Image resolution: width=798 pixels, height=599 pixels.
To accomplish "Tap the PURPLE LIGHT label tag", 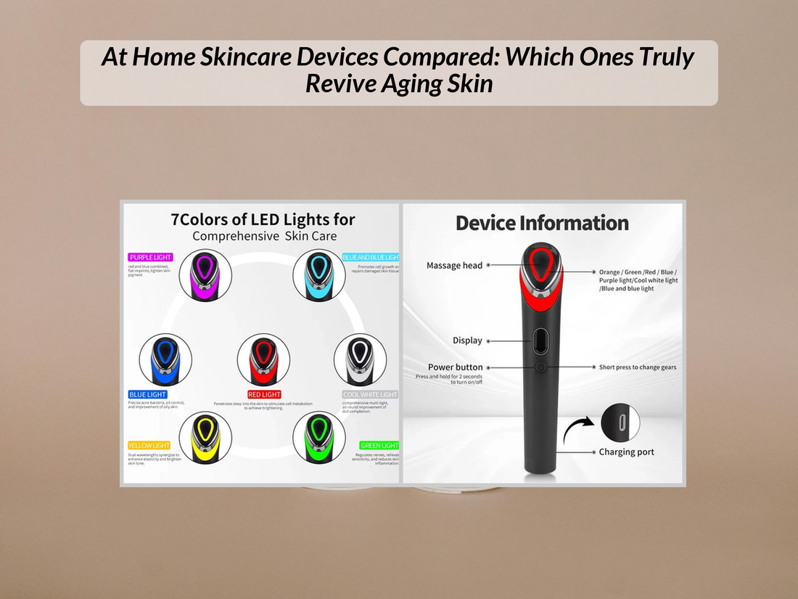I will (x=151, y=257).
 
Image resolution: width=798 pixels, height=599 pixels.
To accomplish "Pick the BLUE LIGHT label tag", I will (x=148, y=395).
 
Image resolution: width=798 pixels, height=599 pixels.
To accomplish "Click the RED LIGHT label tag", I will (x=264, y=395).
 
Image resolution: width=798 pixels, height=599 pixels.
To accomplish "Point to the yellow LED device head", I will (x=205, y=438).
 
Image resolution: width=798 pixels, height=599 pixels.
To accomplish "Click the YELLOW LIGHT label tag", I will (x=149, y=445).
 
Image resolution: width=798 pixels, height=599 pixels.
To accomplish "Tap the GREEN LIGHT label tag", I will (x=379, y=445).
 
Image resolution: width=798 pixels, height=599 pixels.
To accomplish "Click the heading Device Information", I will (x=542, y=223).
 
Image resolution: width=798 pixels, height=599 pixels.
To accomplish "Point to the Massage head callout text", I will (x=454, y=266).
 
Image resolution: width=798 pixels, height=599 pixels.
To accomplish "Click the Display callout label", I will (x=467, y=341).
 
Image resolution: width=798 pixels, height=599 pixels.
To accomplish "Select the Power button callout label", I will (x=455, y=367).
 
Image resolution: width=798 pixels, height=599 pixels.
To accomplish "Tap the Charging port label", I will (x=626, y=452).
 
